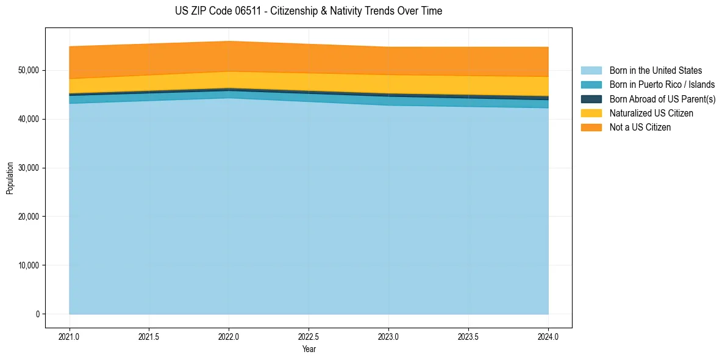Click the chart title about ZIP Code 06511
tap(309, 11)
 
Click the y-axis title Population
tap(10, 178)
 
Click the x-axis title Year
tap(309, 349)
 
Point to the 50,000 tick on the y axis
tap(28, 70)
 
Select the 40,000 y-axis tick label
tap(28, 119)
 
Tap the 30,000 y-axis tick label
tap(28, 168)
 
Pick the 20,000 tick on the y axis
tap(28, 217)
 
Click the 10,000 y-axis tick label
tap(28, 265)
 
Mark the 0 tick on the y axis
tap(37, 314)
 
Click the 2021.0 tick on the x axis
tap(70, 336)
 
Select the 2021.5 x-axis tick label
tap(149, 336)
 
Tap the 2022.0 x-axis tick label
tap(229, 336)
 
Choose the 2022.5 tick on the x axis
tap(309, 336)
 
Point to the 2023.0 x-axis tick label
tap(388, 336)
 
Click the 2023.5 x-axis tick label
tap(468, 336)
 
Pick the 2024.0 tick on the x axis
tap(548, 336)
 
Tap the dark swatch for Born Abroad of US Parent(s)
tap(591, 99)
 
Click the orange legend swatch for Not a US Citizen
tap(591, 128)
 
